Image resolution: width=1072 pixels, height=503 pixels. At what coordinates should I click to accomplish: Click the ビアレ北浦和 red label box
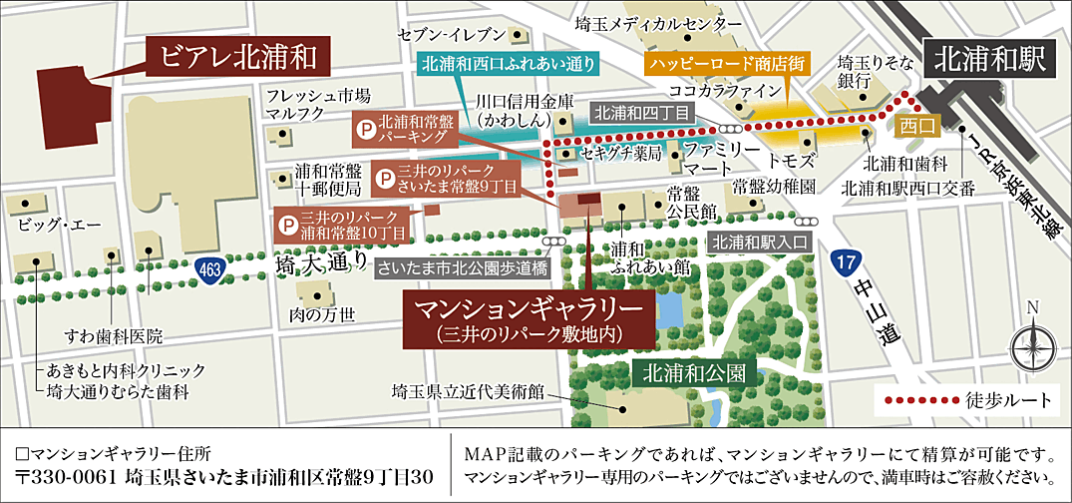coord(237,57)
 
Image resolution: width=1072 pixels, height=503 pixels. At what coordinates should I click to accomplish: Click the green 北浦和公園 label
coord(694,374)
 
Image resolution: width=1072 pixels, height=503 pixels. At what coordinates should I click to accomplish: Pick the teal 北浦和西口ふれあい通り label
coord(509,65)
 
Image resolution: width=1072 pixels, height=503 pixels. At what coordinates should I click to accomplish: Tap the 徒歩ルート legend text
coord(1008,401)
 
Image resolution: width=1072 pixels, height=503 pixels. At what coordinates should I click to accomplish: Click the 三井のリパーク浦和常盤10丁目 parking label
coord(345,225)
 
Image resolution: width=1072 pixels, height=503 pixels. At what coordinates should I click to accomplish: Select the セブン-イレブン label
coord(447,35)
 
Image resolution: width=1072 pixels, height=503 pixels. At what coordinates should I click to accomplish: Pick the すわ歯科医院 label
coord(113,335)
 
